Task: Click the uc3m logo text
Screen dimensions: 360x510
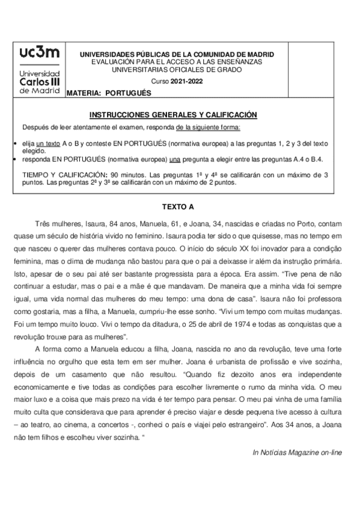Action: (38, 54)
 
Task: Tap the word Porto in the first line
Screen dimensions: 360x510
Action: (304, 223)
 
